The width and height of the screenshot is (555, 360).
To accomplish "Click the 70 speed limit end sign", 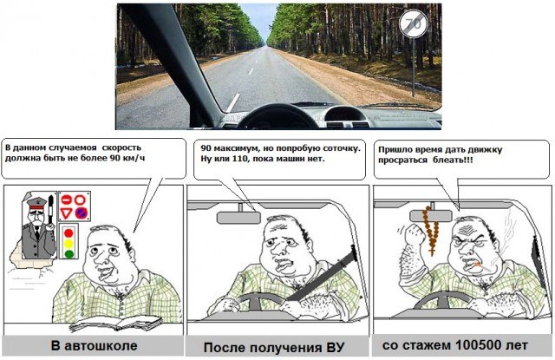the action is point(413,23).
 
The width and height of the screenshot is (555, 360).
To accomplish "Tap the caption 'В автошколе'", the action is point(94,345).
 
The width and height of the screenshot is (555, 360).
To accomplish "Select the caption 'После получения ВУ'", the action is point(274,347).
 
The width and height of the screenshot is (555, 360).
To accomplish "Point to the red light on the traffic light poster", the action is point(69,233).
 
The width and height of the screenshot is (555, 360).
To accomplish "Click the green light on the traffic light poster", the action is point(69,253).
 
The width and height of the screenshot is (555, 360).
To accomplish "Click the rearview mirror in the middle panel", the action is point(238,218).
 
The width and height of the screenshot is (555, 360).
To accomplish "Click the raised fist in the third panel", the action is point(415,234).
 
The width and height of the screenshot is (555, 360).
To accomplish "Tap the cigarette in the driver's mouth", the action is point(481,265).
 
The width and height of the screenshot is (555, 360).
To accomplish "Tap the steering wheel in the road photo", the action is point(277,116).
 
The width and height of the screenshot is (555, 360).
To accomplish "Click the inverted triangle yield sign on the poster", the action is point(66,213).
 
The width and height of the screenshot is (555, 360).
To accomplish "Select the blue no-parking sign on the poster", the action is point(81,213).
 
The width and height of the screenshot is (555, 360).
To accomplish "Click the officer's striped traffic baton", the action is point(50,210).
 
